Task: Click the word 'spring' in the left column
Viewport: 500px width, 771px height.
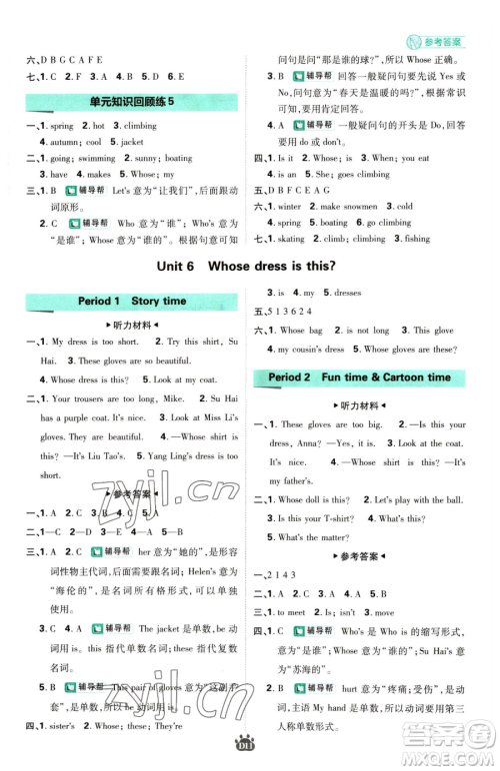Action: pyautogui.click(x=61, y=126)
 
